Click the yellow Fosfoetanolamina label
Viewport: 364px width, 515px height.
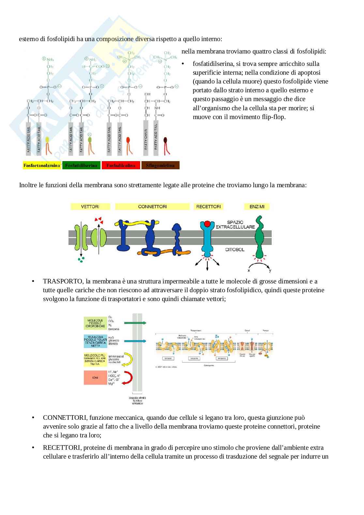[42, 165]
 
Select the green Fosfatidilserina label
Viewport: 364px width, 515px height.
[81, 165]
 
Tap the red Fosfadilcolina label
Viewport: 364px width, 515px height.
[121, 165]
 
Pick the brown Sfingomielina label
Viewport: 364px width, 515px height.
[160, 165]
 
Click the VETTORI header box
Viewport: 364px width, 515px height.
[90, 206]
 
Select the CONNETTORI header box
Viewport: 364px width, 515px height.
[152, 206]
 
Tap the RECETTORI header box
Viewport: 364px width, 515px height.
[208, 206]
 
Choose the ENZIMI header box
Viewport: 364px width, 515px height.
[257, 206]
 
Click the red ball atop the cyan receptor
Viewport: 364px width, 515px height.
[207, 224]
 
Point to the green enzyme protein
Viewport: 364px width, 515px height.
[260, 238]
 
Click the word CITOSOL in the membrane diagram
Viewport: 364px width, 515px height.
[235, 250]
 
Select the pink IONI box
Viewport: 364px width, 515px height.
[95, 378]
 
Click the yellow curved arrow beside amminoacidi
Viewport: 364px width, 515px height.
[128, 359]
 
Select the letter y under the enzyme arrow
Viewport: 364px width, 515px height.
[270, 270]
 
